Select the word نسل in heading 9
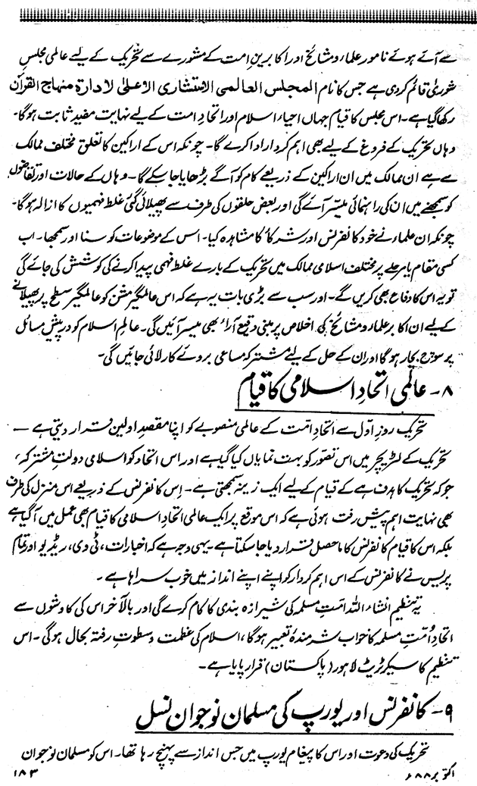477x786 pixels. (149, 711)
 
